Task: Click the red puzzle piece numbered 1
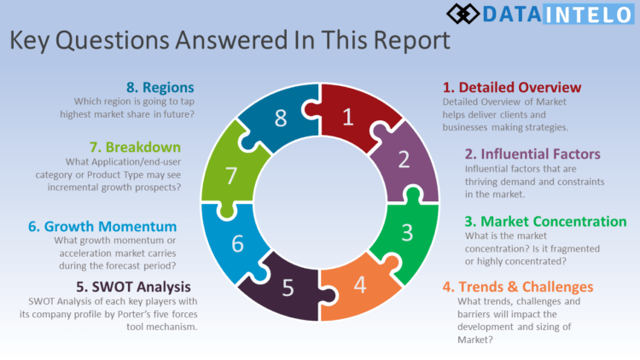[347, 118]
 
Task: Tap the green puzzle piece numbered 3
[407, 232]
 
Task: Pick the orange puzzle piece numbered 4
[360, 283]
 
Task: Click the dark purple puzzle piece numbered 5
[288, 287]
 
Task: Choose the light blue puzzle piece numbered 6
[236, 242]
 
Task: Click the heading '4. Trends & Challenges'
[518, 287]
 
